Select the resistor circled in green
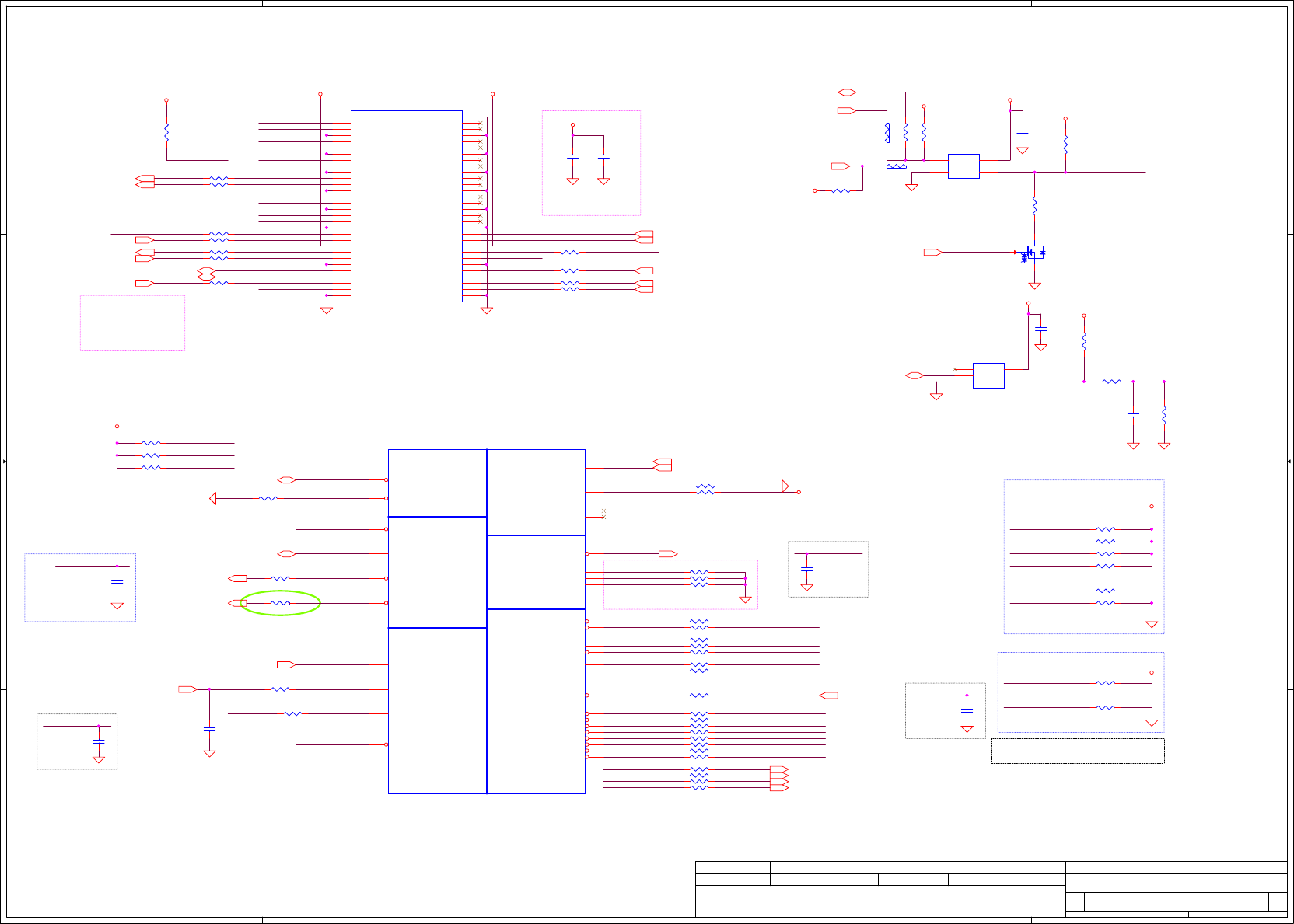point(280,603)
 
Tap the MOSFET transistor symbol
point(1033,253)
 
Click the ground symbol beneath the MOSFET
point(1034,286)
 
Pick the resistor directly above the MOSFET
point(1034,206)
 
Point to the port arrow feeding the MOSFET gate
point(932,253)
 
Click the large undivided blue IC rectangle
point(406,206)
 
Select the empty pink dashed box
point(132,323)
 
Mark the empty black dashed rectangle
point(1077,751)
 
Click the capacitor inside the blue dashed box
point(117,581)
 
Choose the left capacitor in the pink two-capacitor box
point(573,156)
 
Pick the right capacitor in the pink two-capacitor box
point(603,156)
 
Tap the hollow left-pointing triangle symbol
point(213,498)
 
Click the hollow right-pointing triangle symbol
point(785,486)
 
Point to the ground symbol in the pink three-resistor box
point(745,599)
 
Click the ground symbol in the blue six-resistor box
point(1152,624)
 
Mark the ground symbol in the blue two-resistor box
point(1152,723)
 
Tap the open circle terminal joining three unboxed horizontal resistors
point(117,427)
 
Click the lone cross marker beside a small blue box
point(955,369)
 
